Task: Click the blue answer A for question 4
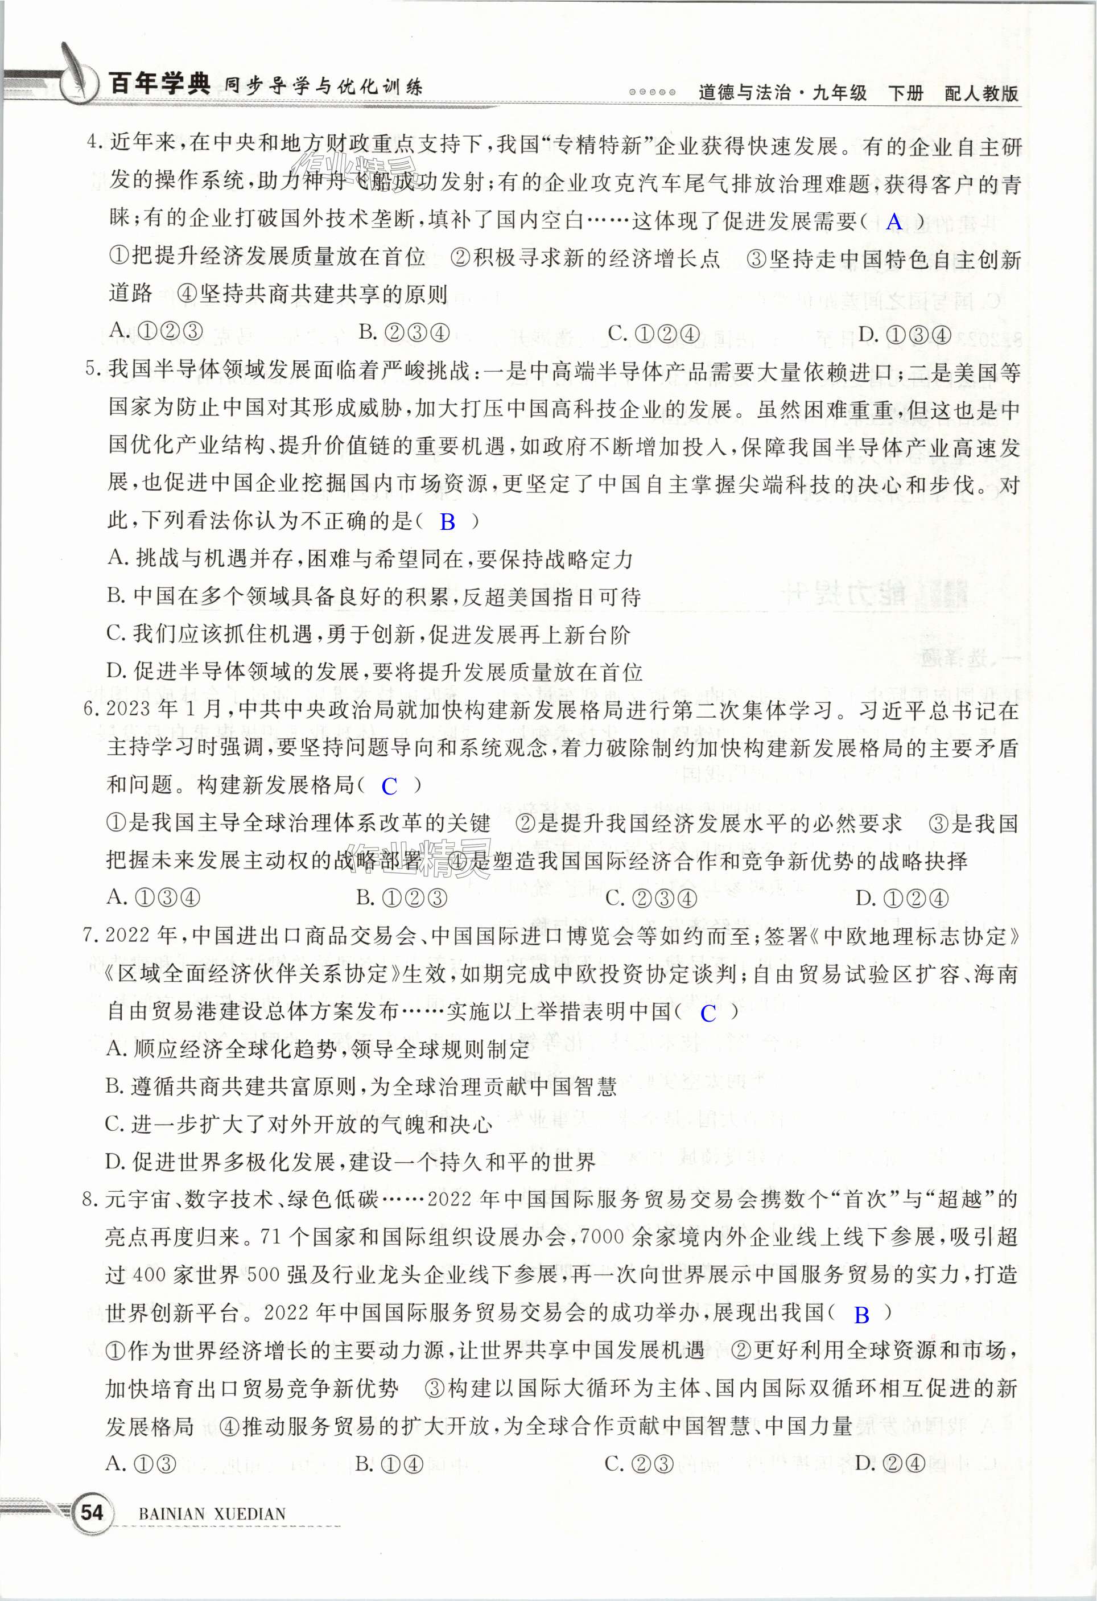[894, 222]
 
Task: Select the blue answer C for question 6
[390, 786]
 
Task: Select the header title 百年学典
[160, 84]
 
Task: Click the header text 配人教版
[981, 93]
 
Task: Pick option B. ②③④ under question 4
[403, 333]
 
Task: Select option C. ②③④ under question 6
[651, 898]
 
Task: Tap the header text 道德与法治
[744, 93]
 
